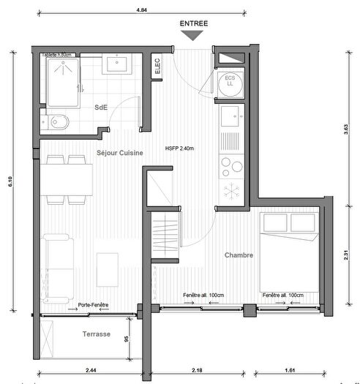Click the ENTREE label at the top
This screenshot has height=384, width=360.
(x=194, y=23)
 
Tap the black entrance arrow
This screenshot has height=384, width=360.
(x=194, y=37)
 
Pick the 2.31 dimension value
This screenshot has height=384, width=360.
(x=346, y=257)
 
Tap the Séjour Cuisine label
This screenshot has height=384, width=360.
(x=119, y=152)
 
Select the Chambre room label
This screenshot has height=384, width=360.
(x=239, y=255)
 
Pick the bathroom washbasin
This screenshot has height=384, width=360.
(x=116, y=65)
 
